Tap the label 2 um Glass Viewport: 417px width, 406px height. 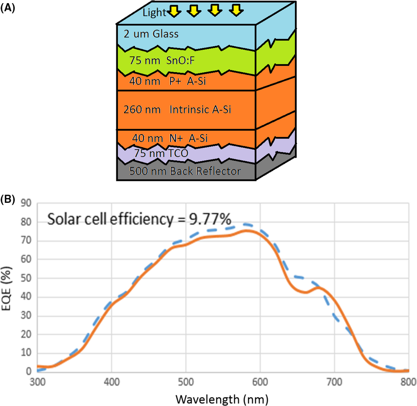[x=151, y=34]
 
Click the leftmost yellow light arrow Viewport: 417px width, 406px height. [x=174, y=12]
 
